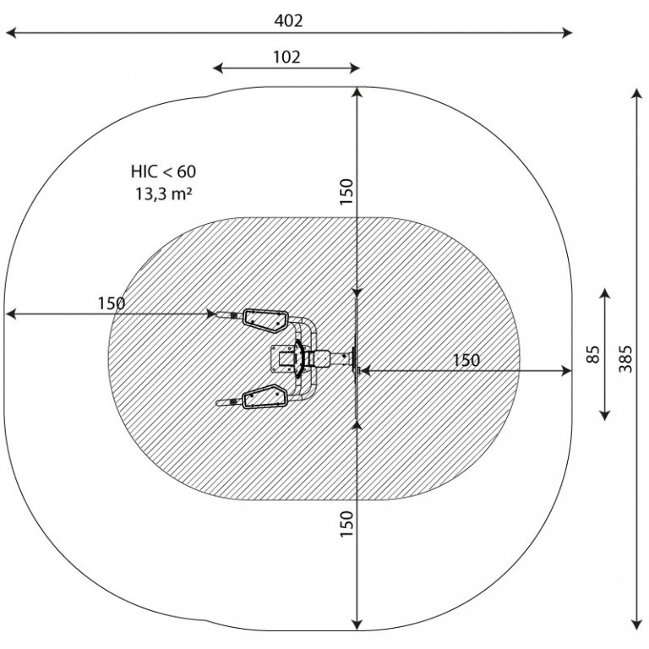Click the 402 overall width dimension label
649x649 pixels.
coord(288,20)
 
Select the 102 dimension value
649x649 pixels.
coord(286,57)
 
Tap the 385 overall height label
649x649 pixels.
coord(625,359)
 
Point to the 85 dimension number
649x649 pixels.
coord(592,354)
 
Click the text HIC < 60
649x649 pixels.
coord(163,172)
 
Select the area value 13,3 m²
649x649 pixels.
coord(164,194)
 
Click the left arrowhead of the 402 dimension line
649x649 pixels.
coord(11,33)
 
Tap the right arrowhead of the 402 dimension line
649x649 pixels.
coord(567,33)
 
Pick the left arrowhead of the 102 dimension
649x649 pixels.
coord(218,68)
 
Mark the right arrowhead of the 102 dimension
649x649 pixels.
coord(355,68)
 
